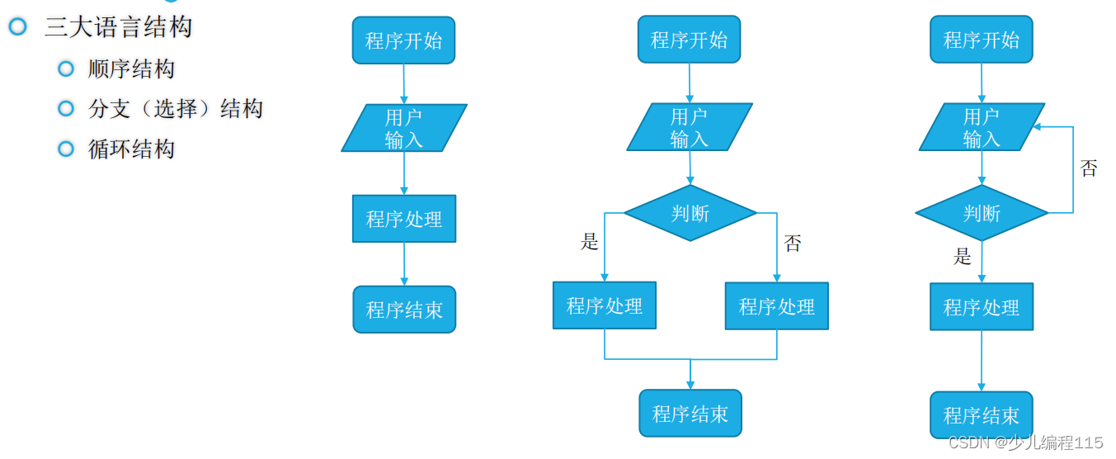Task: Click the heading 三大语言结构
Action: pyautogui.click(x=118, y=27)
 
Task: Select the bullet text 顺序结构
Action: pyautogui.click(x=131, y=69)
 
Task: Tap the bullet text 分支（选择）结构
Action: pyautogui.click(x=175, y=108)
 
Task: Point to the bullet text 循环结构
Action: pyautogui.click(x=131, y=149)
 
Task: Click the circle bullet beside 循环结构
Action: pyautogui.click(x=66, y=149)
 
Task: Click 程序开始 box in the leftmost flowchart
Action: pyautogui.click(x=403, y=40)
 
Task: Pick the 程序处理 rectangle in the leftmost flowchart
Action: pyautogui.click(x=403, y=219)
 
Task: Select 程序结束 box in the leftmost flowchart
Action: pyautogui.click(x=403, y=310)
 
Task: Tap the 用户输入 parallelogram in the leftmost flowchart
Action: pyautogui.click(x=403, y=128)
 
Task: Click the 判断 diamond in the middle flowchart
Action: pyautogui.click(x=690, y=213)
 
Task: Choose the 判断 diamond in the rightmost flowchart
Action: pyautogui.click(x=981, y=213)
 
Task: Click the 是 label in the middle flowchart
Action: pyautogui.click(x=589, y=242)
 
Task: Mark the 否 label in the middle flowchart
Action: pyautogui.click(x=792, y=244)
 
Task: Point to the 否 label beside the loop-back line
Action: pyautogui.click(x=1089, y=168)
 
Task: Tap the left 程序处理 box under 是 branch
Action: pyautogui.click(x=604, y=305)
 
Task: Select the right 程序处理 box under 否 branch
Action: pyautogui.click(x=776, y=306)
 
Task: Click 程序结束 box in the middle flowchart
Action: pyautogui.click(x=690, y=413)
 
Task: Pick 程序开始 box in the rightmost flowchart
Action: pyautogui.click(x=981, y=40)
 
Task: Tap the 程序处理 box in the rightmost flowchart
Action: pyautogui.click(x=981, y=307)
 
